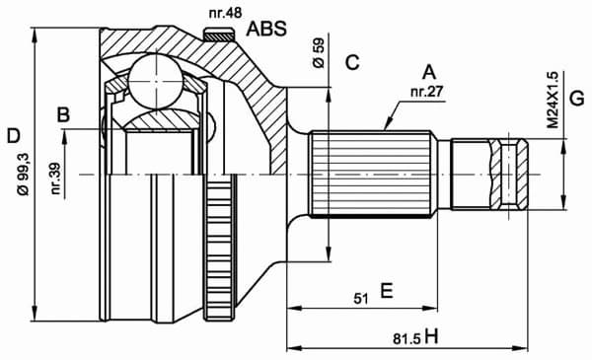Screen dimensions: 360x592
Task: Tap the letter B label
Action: [x=64, y=115]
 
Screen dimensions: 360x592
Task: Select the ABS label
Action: [x=266, y=29]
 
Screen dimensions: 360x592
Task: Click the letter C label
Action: [x=351, y=64]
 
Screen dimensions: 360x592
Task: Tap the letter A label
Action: [x=428, y=72]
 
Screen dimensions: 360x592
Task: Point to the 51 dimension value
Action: [x=360, y=296]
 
